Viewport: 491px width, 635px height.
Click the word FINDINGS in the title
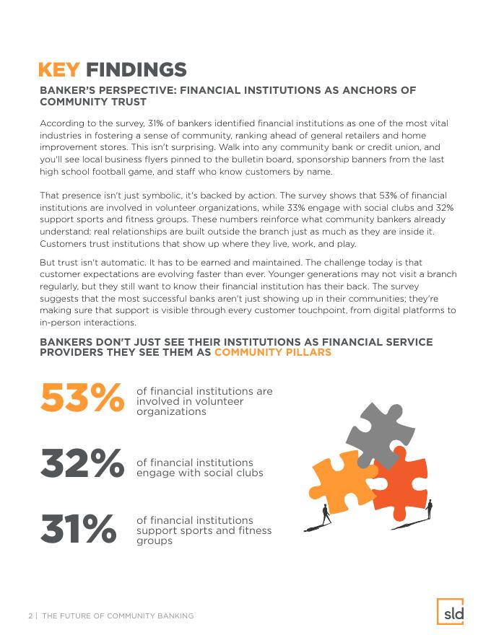(136, 70)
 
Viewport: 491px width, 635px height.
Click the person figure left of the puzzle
(326, 513)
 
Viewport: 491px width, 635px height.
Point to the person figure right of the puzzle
(429, 509)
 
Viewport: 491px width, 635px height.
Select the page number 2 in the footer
(30, 616)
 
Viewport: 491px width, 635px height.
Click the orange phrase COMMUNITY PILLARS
(273, 352)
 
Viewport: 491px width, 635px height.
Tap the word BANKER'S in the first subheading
(71, 90)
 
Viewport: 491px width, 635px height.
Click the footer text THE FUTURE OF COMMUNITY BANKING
(118, 616)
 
